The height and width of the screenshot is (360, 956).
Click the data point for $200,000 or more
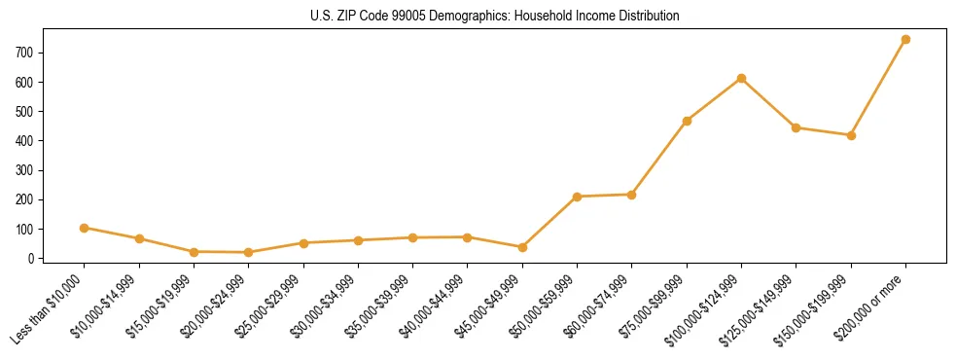905,40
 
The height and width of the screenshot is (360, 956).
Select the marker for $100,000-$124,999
741,78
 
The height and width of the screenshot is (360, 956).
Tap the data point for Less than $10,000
85,228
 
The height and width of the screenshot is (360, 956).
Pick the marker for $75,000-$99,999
687,121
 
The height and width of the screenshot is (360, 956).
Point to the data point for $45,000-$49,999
522,247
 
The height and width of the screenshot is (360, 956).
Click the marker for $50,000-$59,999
577,197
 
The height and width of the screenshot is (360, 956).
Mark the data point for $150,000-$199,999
851,135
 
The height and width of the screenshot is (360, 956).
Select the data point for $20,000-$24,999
249,252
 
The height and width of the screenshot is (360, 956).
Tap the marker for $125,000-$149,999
796,127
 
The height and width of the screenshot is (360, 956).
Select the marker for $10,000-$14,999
139,238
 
